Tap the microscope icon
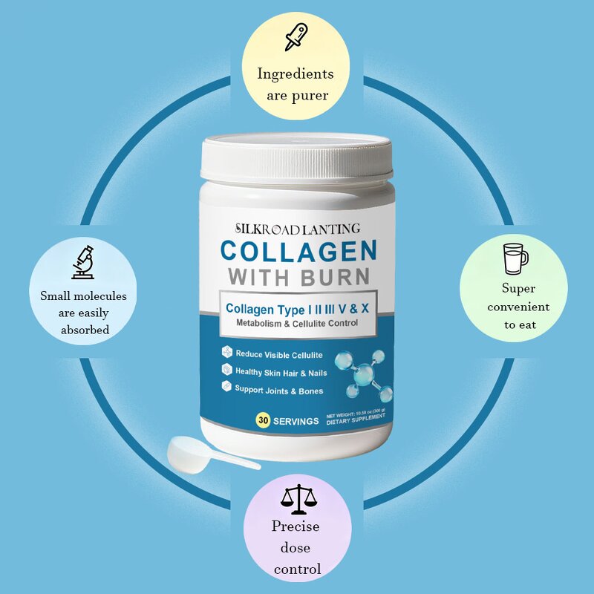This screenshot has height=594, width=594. (82, 261)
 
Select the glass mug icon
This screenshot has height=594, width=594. (515, 258)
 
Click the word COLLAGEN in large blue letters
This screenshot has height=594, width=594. (298, 249)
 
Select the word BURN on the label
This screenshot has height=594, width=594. (335, 277)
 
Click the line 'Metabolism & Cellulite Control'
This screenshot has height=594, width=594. (297, 323)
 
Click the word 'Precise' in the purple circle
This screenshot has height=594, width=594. (296, 526)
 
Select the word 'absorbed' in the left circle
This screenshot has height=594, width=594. (85, 330)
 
